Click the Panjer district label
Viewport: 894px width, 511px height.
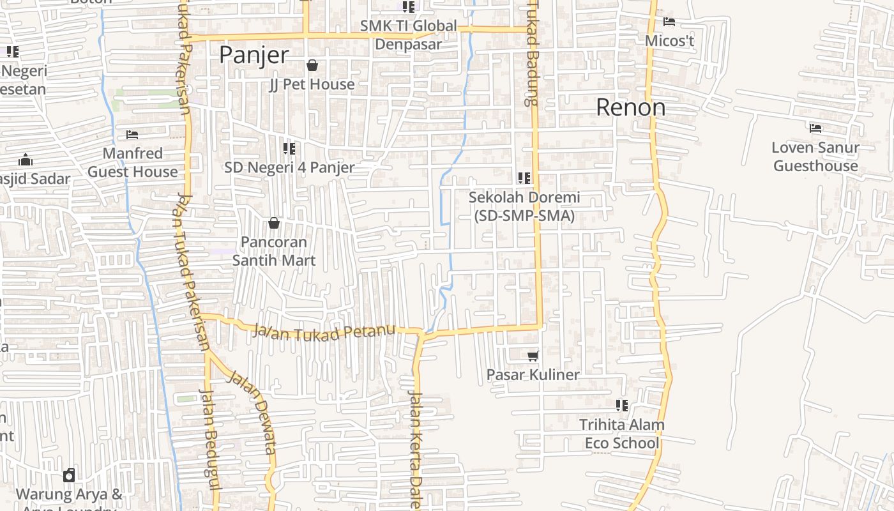coord(254,55)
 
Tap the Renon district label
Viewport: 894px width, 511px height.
coord(630,107)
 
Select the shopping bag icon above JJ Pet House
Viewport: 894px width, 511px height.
coord(312,65)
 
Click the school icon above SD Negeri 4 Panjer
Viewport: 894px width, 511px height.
coord(289,149)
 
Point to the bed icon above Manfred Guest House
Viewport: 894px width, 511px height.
coord(132,135)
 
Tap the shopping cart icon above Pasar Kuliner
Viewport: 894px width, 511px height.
coord(533,356)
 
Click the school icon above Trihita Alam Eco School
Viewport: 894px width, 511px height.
coord(622,406)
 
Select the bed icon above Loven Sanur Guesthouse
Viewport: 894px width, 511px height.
coord(815,128)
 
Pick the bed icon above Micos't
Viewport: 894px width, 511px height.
coord(669,22)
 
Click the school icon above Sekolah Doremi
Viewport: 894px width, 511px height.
coord(524,178)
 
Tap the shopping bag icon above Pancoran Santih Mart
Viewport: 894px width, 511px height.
coord(274,223)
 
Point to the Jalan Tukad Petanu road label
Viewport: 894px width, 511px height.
coord(324,333)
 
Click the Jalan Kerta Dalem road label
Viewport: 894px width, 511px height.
coord(416,447)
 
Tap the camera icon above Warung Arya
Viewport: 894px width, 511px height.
coord(69,475)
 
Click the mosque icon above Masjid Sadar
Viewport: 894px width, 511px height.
coord(25,160)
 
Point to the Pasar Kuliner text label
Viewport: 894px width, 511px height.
coord(533,375)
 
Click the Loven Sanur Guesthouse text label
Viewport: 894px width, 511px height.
coord(815,156)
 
